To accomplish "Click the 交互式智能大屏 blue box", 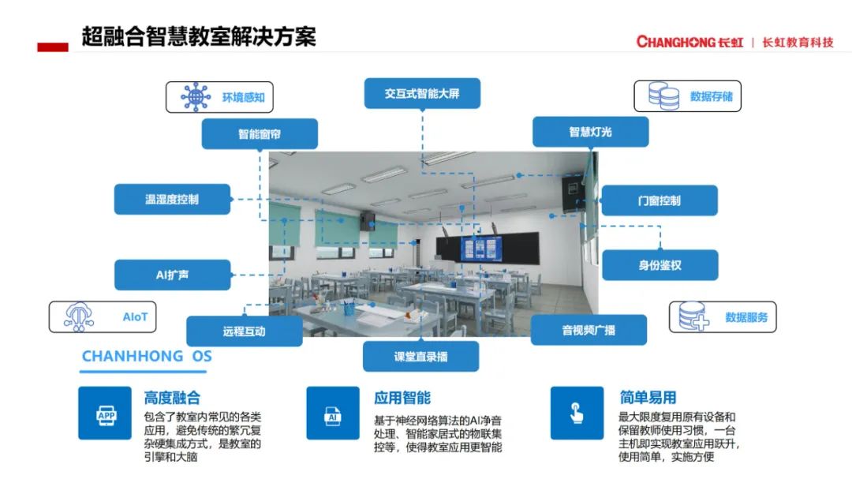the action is [422, 94].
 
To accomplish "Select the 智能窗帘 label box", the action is [260, 133].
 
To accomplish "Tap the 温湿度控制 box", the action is [172, 199].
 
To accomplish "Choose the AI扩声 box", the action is [172, 275].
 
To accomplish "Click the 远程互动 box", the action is [245, 331].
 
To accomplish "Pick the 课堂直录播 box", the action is [421, 357].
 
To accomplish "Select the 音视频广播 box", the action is [589, 330].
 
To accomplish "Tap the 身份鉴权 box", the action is [660, 265].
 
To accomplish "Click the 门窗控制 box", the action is [659, 200].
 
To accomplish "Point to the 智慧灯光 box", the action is [591, 132].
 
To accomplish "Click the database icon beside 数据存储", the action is [663, 96].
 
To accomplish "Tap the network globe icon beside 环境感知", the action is [196, 97].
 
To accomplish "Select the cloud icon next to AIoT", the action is [79, 317].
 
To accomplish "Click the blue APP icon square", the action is [105, 414].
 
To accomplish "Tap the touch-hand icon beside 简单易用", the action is [577, 414].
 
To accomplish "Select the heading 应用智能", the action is [402, 398].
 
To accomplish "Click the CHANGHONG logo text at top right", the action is [689, 42].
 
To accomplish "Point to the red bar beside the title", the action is [53, 47].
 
